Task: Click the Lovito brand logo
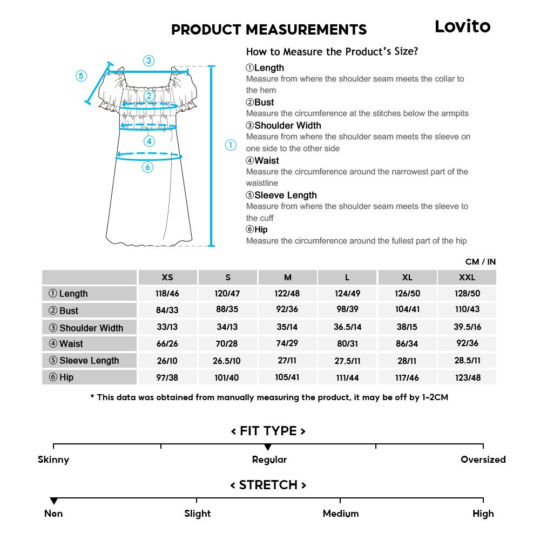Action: pyautogui.click(x=462, y=26)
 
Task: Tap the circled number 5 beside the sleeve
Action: pyautogui.click(x=81, y=76)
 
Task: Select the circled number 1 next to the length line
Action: pyautogui.click(x=231, y=145)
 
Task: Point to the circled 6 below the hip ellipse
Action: pyautogui.click(x=148, y=167)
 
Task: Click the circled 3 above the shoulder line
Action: pyautogui.click(x=149, y=60)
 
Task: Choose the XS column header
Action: pyautogui.click(x=167, y=278)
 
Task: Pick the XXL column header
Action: pyautogui.click(x=467, y=278)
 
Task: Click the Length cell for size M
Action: pyautogui.click(x=287, y=294)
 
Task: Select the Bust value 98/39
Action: pyautogui.click(x=347, y=310)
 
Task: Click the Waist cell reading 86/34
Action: pyautogui.click(x=407, y=343)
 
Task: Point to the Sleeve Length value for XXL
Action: pyautogui.click(x=467, y=360)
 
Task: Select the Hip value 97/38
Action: pyautogui.click(x=167, y=377)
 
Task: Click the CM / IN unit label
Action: pyautogui.click(x=480, y=262)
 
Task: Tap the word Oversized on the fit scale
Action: pyautogui.click(x=483, y=460)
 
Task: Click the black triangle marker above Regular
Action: pyautogui.click(x=268, y=447)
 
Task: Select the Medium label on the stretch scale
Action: pyautogui.click(x=340, y=514)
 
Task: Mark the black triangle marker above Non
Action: pyautogui.click(x=53, y=501)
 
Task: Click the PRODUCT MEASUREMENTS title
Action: pyautogui.click(x=268, y=30)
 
